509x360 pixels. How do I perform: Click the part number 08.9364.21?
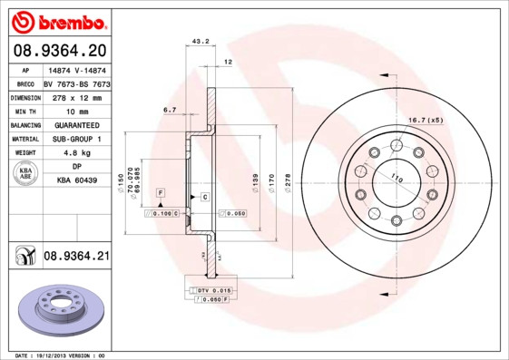point(76,257)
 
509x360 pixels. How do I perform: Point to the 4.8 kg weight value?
point(76,153)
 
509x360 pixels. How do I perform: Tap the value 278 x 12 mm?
point(76,96)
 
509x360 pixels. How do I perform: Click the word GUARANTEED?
point(76,124)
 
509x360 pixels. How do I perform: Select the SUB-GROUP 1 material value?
point(76,139)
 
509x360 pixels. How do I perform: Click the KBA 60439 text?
point(76,181)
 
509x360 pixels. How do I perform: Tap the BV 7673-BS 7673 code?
point(76,83)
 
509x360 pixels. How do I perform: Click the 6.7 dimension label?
point(169,110)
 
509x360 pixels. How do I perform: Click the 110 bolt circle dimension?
point(396,180)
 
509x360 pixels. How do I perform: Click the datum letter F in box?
point(160,194)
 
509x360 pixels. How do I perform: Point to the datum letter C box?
point(205,197)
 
